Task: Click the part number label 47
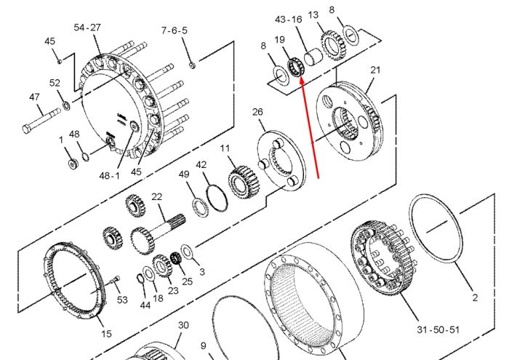[x=34, y=97]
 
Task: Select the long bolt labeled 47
[x=41, y=121]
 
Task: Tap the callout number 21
[x=375, y=70]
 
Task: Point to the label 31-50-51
[x=438, y=329]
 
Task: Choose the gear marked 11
[x=244, y=182]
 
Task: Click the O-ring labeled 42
[x=217, y=199]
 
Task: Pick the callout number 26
[x=257, y=112]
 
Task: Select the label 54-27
[x=87, y=28]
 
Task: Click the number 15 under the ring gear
[x=106, y=334]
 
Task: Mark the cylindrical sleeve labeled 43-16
[x=313, y=57]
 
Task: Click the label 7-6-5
[x=175, y=31]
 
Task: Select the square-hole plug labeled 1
[x=73, y=163]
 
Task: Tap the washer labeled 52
[x=67, y=105]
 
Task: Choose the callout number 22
[x=156, y=197]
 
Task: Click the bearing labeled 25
[x=175, y=258]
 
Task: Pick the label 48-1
[x=109, y=176]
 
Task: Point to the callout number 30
[x=183, y=325]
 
